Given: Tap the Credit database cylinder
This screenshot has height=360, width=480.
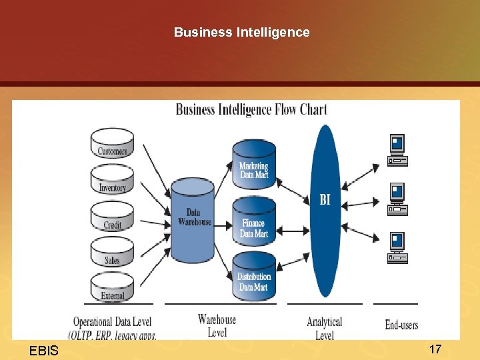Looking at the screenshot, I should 112,221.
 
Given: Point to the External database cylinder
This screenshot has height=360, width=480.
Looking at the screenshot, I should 112,291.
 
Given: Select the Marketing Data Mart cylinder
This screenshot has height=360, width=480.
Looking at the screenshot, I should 254,167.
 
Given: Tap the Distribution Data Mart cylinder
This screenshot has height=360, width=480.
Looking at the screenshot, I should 254,279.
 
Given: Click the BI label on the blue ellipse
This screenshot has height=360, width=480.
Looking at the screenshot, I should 325,199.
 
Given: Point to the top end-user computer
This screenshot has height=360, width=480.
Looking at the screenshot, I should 398,150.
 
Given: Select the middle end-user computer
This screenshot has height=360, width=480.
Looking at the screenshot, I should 398,199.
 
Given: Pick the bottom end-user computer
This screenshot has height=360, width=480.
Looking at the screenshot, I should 398,247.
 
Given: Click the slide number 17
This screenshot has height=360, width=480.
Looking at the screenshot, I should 435,349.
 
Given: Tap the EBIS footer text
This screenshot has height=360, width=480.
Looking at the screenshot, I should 44,351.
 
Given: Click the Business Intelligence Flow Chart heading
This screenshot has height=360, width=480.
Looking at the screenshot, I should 251,109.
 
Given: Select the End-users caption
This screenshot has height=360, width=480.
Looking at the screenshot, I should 401,325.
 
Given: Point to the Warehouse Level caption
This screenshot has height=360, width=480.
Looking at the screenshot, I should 217,326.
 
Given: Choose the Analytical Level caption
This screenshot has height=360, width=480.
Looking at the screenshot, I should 324,329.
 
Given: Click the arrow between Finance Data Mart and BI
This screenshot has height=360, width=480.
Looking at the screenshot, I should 293,230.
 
